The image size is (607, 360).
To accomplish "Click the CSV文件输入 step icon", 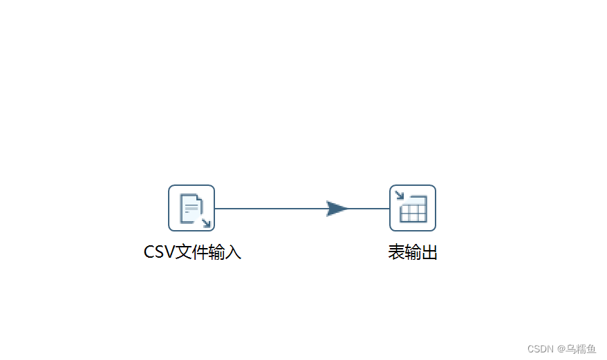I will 192,208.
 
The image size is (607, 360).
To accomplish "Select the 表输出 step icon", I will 413,208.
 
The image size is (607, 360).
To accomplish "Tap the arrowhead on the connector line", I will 337,209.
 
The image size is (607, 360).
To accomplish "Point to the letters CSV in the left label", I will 159,252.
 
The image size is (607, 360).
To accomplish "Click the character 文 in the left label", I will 183,252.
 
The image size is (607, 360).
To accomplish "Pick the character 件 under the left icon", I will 200,252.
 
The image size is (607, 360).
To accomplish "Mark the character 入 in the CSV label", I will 233,252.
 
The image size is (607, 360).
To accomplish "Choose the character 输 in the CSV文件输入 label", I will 216,252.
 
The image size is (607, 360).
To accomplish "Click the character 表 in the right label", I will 396,253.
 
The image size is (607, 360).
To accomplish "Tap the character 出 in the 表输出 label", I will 429,253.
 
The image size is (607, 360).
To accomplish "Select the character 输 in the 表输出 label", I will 413,253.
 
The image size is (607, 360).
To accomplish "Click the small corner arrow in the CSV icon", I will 206,222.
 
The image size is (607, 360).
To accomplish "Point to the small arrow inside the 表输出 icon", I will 399,195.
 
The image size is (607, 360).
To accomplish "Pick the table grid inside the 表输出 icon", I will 414,210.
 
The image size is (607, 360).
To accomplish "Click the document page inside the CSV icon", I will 190,207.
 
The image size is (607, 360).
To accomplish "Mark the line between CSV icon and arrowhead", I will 270,209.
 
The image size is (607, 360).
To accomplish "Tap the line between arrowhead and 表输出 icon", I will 370,209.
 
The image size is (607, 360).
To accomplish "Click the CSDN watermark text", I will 541,349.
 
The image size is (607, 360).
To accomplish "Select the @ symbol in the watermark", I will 561,349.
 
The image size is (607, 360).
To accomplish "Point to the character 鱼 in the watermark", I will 590,349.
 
